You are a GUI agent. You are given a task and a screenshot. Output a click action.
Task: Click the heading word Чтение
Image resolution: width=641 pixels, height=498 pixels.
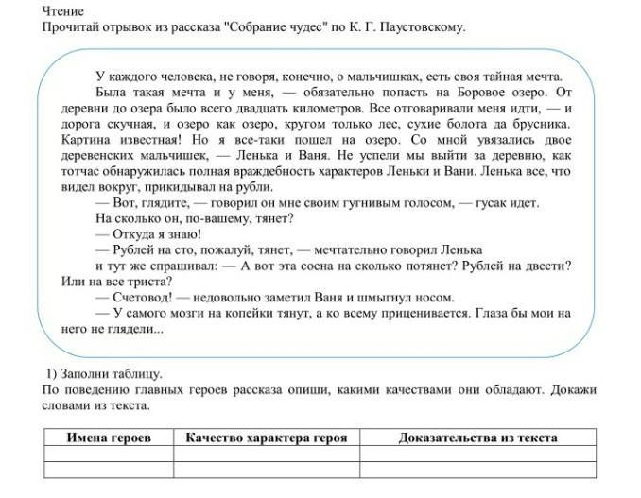tap(63, 10)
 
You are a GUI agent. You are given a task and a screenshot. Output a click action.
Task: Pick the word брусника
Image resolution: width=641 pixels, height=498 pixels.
tap(540, 124)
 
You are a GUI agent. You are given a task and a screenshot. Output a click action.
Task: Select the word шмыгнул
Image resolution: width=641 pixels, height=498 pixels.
tap(400, 297)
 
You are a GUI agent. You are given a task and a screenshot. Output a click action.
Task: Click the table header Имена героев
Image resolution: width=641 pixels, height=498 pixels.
tap(108, 438)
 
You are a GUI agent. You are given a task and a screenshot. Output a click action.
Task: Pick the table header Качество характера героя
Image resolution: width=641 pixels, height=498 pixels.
tap(266, 438)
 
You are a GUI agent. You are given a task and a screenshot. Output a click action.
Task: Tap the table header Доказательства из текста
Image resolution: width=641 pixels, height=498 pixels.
tap(477, 438)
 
